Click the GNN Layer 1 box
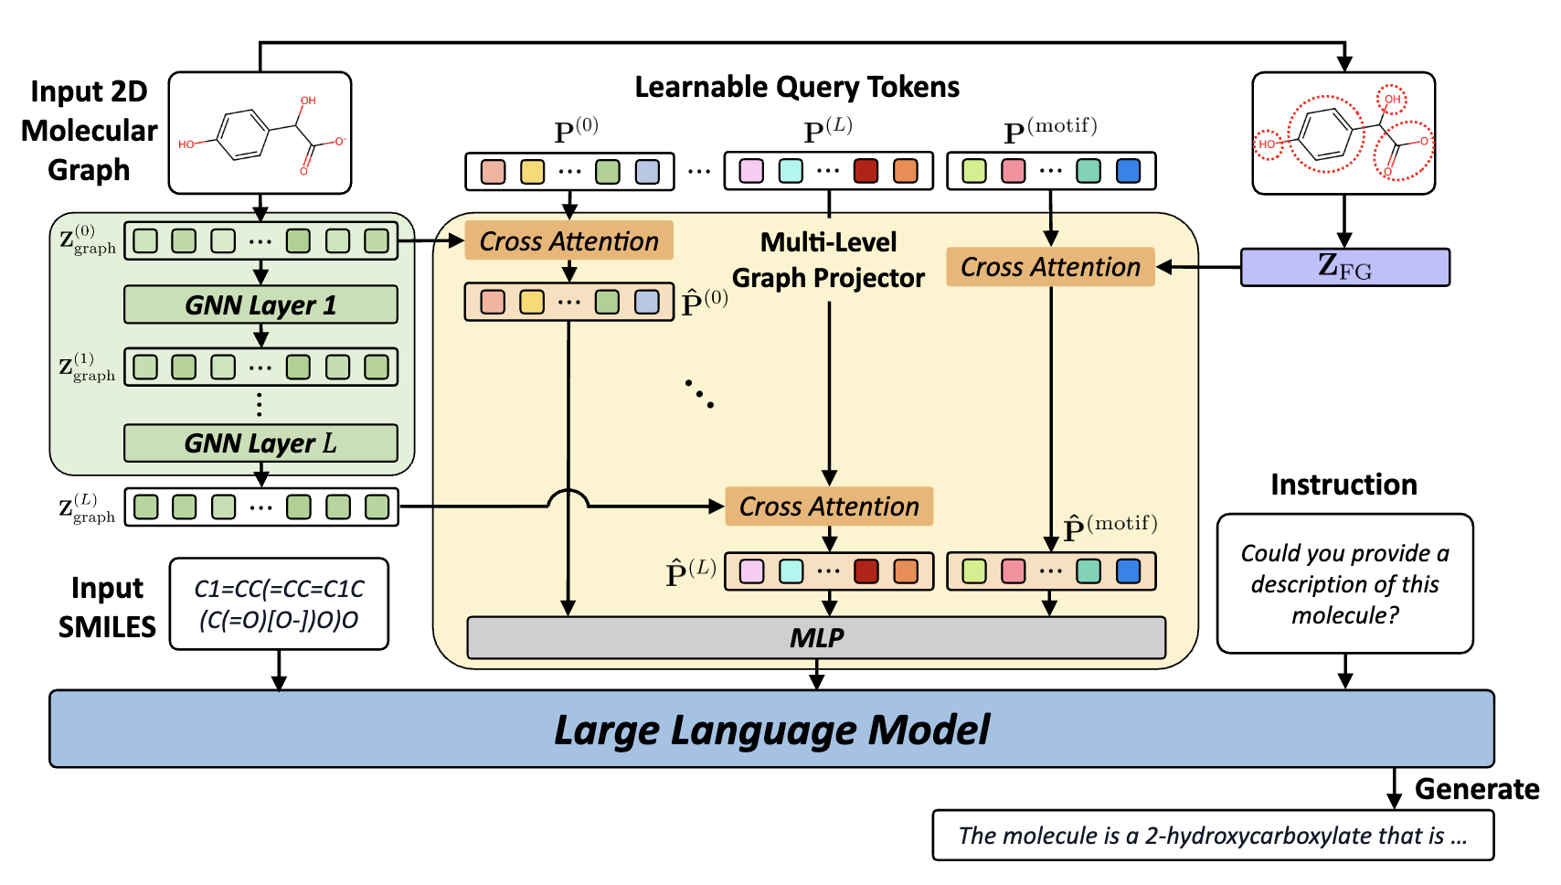260,304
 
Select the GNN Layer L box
260,443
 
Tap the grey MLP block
816,637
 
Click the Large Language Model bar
771,730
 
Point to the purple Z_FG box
1344,267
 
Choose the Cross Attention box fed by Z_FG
1050,267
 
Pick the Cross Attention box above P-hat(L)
829,506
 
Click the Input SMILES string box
279,604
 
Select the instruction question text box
1344,583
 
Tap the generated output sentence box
1212,836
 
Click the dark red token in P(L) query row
865,171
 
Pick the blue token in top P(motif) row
1129,171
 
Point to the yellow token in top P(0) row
532,172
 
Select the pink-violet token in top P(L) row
751,171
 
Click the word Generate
1476,789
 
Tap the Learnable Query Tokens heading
797,87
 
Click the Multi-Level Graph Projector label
828,260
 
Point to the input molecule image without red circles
260,133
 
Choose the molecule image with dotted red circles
1343,133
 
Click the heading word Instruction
1343,485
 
